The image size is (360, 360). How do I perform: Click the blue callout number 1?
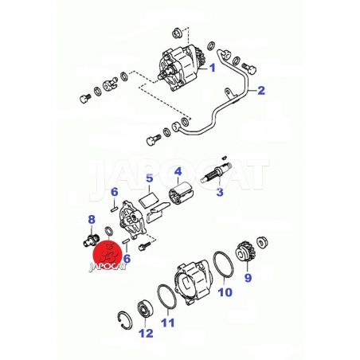pyautogui.click(x=213, y=68)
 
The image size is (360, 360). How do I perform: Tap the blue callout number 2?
pyautogui.click(x=261, y=90)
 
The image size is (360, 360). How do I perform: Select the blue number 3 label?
pyautogui.click(x=220, y=192)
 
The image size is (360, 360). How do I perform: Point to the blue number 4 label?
pyautogui.click(x=178, y=171)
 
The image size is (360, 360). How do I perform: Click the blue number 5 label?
pyautogui.click(x=150, y=178)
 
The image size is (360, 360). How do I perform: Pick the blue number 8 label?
pyautogui.click(x=92, y=220)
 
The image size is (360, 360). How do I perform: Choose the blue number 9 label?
pyautogui.click(x=248, y=277)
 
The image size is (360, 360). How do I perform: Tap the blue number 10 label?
pyautogui.click(x=225, y=292)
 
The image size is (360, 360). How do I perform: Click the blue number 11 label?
pyautogui.click(x=168, y=323)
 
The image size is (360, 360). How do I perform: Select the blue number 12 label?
pyautogui.click(x=146, y=334)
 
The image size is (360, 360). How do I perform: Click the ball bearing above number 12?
pyautogui.click(x=145, y=309)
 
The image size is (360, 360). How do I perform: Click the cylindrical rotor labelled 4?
pyautogui.click(x=182, y=194)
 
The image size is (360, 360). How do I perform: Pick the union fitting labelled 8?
pyautogui.click(x=90, y=240)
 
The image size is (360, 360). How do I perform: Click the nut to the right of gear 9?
pyautogui.click(x=263, y=243)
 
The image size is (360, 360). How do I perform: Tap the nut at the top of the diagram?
pyautogui.click(x=177, y=33)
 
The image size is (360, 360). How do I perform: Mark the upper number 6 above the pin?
pyautogui.click(x=115, y=192)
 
